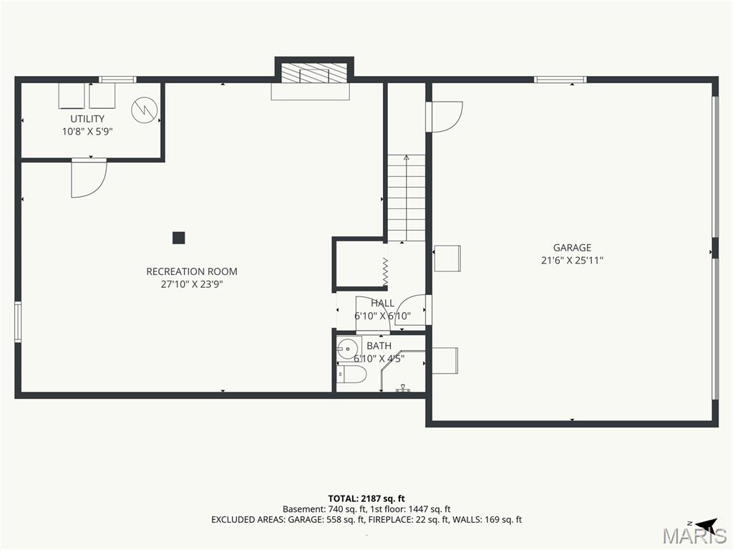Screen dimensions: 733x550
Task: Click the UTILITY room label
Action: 87,119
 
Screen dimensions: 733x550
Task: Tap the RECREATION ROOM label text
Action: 192,271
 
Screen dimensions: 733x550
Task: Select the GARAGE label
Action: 572,247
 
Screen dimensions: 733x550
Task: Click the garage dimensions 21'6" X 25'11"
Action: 572,261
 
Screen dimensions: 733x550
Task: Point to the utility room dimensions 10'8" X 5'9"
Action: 87,132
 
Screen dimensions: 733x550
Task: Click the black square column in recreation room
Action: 178,238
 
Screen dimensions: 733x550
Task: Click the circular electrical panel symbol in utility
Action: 145,110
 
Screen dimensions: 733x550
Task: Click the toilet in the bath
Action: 352,374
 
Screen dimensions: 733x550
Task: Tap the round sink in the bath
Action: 347,349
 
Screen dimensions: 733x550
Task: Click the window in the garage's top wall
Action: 560,79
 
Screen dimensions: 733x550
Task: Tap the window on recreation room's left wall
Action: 18,322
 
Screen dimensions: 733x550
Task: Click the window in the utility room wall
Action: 117,79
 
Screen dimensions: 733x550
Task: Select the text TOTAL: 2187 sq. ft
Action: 366,498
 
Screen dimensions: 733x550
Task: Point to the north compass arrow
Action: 706,524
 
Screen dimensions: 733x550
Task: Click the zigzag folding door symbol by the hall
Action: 385,271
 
